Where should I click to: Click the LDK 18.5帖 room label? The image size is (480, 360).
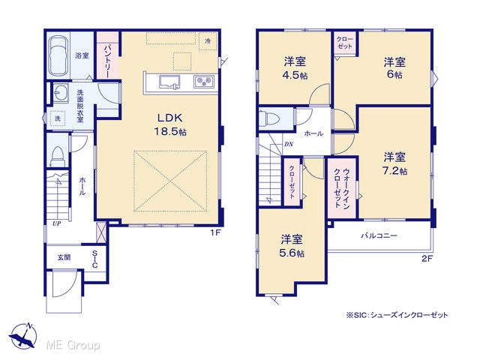point(170,124)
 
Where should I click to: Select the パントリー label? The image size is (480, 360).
point(107,61)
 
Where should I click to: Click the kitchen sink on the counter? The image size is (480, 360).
point(169,82)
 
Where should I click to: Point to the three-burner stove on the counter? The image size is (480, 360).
point(203,82)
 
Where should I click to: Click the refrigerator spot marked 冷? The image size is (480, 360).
point(208,41)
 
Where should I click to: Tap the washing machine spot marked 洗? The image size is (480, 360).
point(58,118)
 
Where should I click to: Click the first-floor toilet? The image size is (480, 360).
point(57,156)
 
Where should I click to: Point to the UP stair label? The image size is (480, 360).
point(57,223)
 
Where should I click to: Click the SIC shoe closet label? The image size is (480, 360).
point(95,259)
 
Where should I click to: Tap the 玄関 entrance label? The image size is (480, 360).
point(64,257)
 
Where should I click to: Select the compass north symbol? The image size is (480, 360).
point(23,337)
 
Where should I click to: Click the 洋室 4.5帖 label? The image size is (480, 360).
point(295,68)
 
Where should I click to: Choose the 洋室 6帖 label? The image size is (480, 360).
point(395,68)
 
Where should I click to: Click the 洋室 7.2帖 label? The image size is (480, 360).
point(395,163)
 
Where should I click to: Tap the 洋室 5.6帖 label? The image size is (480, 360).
point(292,246)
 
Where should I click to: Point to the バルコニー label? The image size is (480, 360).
point(379,235)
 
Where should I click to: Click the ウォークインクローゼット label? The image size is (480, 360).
point(342,187)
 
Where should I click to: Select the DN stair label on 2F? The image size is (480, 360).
point(289,144)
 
